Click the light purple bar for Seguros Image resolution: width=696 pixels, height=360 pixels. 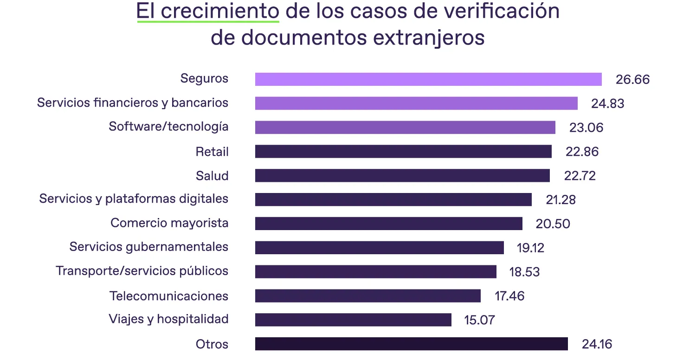428,79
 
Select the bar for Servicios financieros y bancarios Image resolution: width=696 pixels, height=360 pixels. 416,103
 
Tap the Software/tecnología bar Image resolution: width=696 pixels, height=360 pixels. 405,128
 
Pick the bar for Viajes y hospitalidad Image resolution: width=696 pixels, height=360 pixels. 353,320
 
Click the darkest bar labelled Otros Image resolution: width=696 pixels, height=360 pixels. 411,344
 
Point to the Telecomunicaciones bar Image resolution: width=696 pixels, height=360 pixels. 367,296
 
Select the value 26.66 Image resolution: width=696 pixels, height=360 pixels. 632,79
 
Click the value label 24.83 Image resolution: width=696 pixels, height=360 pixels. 607,103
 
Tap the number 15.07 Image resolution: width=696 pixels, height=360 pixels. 479,320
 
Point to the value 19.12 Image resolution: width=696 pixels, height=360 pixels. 530,248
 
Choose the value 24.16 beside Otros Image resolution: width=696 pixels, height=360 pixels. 597,344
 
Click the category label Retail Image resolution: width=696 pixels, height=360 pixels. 212,152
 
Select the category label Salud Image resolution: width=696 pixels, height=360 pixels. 212,176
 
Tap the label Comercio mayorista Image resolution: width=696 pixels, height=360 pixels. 169,223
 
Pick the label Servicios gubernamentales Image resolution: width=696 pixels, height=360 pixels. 148,247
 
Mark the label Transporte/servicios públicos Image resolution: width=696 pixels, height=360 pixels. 142,271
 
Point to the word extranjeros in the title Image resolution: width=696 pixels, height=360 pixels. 429,37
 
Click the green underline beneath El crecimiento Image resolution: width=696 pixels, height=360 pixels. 207,21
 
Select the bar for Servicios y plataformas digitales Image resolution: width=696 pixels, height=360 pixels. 393,199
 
